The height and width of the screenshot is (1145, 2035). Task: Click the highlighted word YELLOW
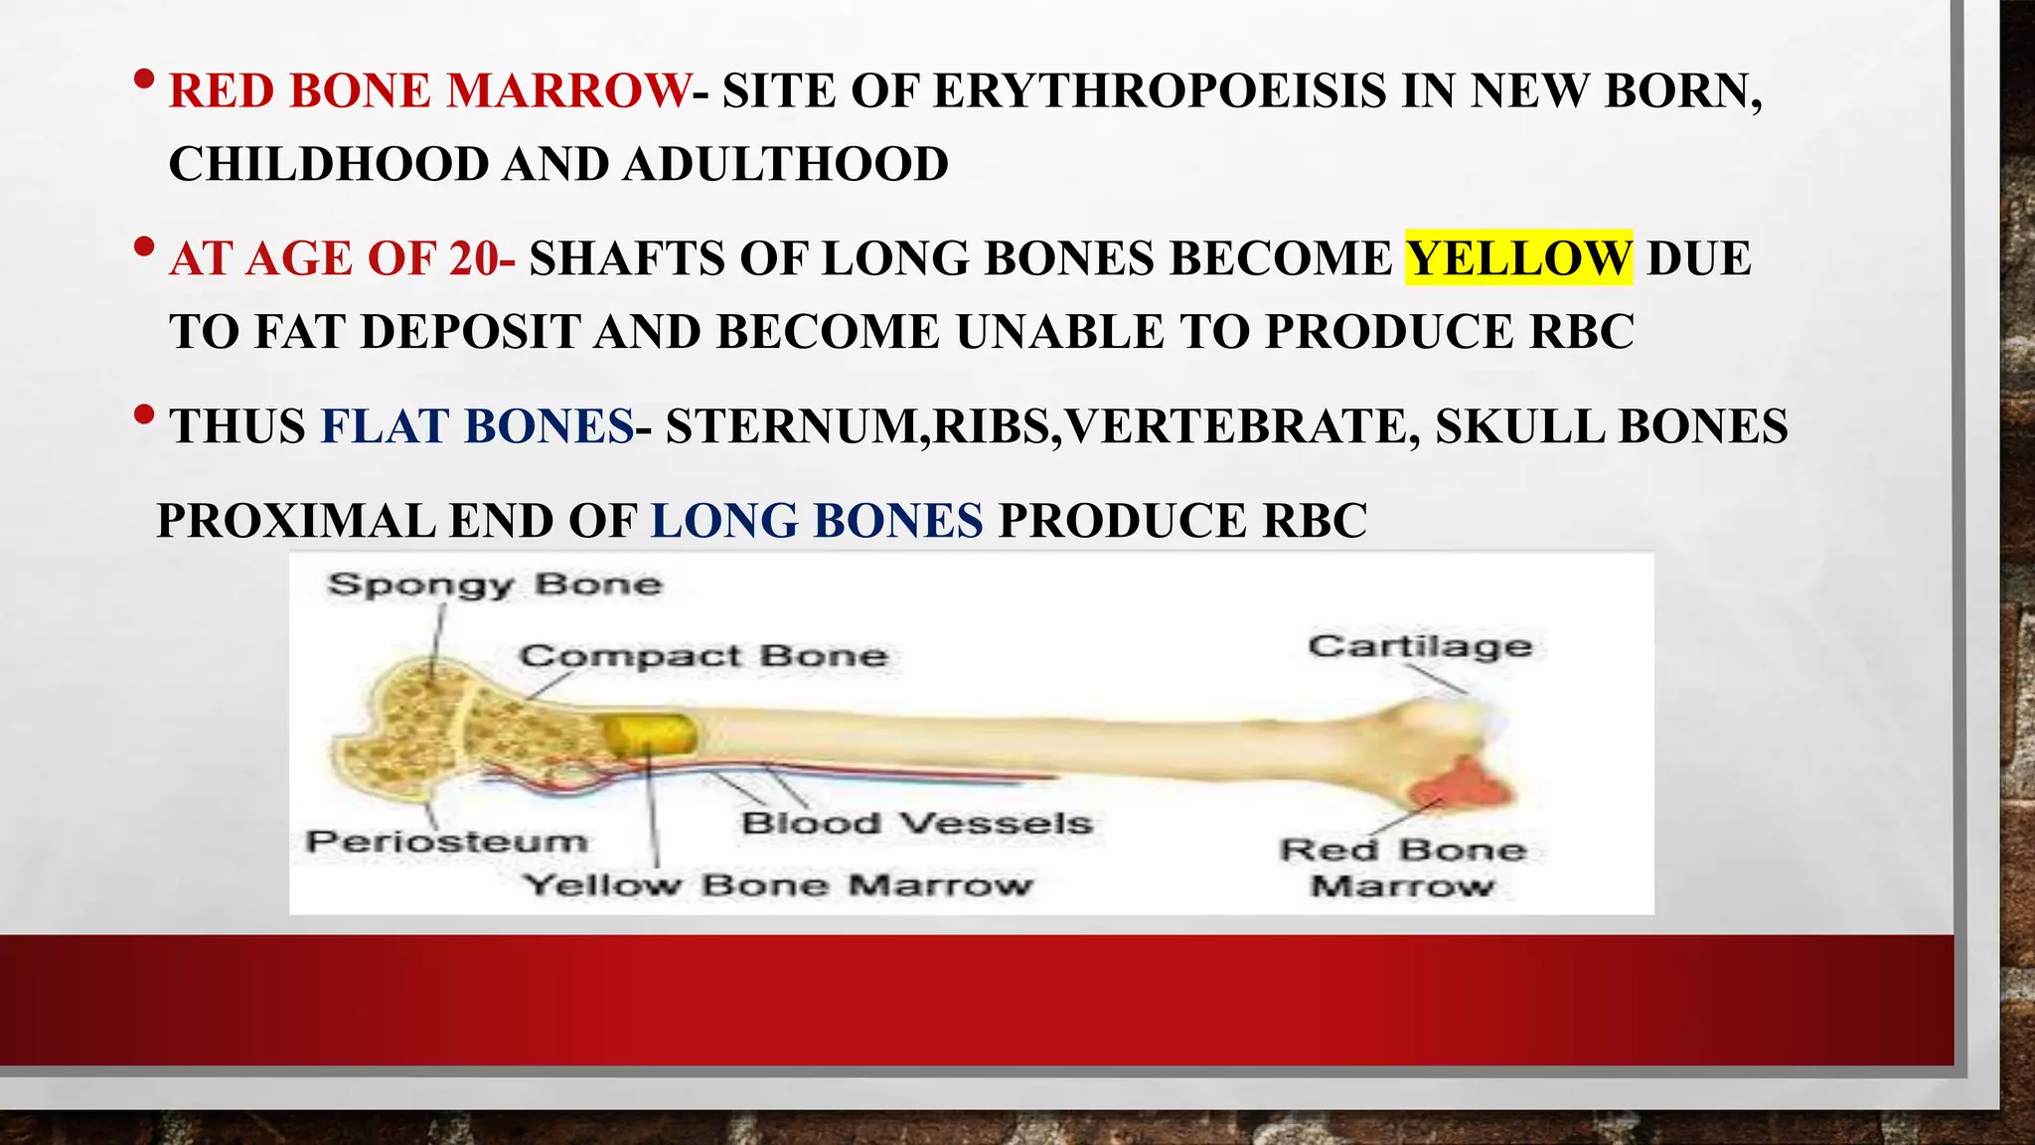[1518, 258]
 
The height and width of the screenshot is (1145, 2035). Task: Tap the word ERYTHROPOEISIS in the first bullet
[1159, 91]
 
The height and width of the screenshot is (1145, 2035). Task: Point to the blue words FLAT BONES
[477, 427]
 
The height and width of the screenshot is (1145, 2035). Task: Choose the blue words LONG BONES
[817, 521]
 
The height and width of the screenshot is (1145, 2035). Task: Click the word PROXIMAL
[295, 521]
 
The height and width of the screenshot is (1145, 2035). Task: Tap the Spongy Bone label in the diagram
[495, 583]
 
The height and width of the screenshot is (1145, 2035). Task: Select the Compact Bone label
[704, 656]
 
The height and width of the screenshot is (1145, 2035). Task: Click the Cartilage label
[1420, 646]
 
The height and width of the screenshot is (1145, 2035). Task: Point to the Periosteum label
[447, 842]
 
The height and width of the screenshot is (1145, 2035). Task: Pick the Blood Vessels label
[916, 823]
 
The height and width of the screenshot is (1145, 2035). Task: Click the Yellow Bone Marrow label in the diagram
[779, 885]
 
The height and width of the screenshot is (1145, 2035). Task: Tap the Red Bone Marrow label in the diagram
[1402, 867]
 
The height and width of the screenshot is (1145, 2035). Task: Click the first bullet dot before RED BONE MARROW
[144, 79]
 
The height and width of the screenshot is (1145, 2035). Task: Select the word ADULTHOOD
[786, 165]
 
